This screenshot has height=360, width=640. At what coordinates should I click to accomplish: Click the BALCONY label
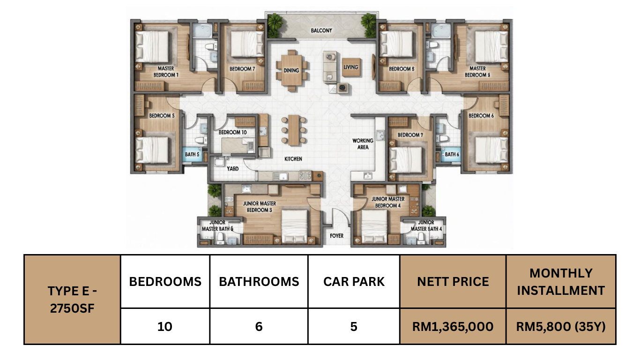pos(321,30)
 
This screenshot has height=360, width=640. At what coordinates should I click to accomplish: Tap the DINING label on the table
pos(291,70)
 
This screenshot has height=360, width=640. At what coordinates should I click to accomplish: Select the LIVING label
pos(351,67)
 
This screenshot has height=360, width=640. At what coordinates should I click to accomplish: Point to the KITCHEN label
pos(293,159)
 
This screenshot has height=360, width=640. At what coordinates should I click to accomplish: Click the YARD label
pos(232,169)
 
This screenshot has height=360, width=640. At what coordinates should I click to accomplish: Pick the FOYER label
pos(336,236)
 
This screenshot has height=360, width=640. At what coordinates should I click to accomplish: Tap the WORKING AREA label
pos(363,144)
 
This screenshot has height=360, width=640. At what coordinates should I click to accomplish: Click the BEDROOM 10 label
pos(232,132)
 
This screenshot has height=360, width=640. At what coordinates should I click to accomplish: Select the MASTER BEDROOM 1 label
pos(166,72)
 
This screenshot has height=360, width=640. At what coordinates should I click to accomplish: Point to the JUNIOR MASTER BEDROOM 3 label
pos(260,207)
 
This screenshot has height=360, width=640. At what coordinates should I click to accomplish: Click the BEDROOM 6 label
pos(481,116)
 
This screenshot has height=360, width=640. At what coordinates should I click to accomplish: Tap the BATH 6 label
pos(452,154)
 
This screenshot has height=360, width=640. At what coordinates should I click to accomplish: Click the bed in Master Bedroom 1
pos(152,46)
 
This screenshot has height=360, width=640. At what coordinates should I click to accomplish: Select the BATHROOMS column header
pos(259,282)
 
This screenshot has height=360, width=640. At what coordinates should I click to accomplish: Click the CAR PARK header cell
pos(354,282)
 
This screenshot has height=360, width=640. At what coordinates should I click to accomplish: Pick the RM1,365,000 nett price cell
pos(453,327)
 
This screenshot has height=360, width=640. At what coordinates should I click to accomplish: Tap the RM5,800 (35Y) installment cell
pos(561,327)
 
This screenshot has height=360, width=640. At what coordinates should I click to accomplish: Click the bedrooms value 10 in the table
pos(165,327)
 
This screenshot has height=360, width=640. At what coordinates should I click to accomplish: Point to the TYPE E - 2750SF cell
pos(72,300)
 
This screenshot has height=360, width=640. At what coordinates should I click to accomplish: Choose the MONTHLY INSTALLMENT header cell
pos(561,282)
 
